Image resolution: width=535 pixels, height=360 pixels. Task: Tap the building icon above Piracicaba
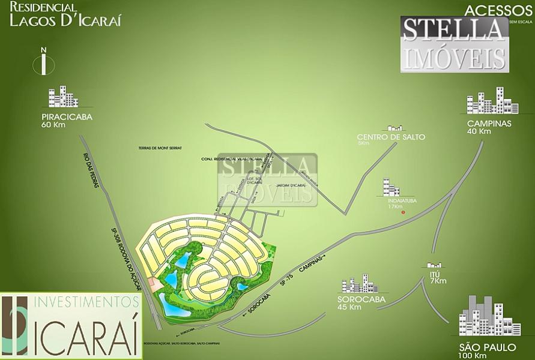pos(64,97)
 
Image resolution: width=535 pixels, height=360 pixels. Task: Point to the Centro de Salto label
pos(391,137)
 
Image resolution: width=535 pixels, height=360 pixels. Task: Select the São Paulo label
pos(479,347)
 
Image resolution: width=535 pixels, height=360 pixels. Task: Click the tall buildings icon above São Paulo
pos(481,316)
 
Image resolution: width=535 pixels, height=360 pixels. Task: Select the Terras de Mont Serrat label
pos(159,148)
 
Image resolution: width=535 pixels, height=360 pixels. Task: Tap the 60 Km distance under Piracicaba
pos(53,125)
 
